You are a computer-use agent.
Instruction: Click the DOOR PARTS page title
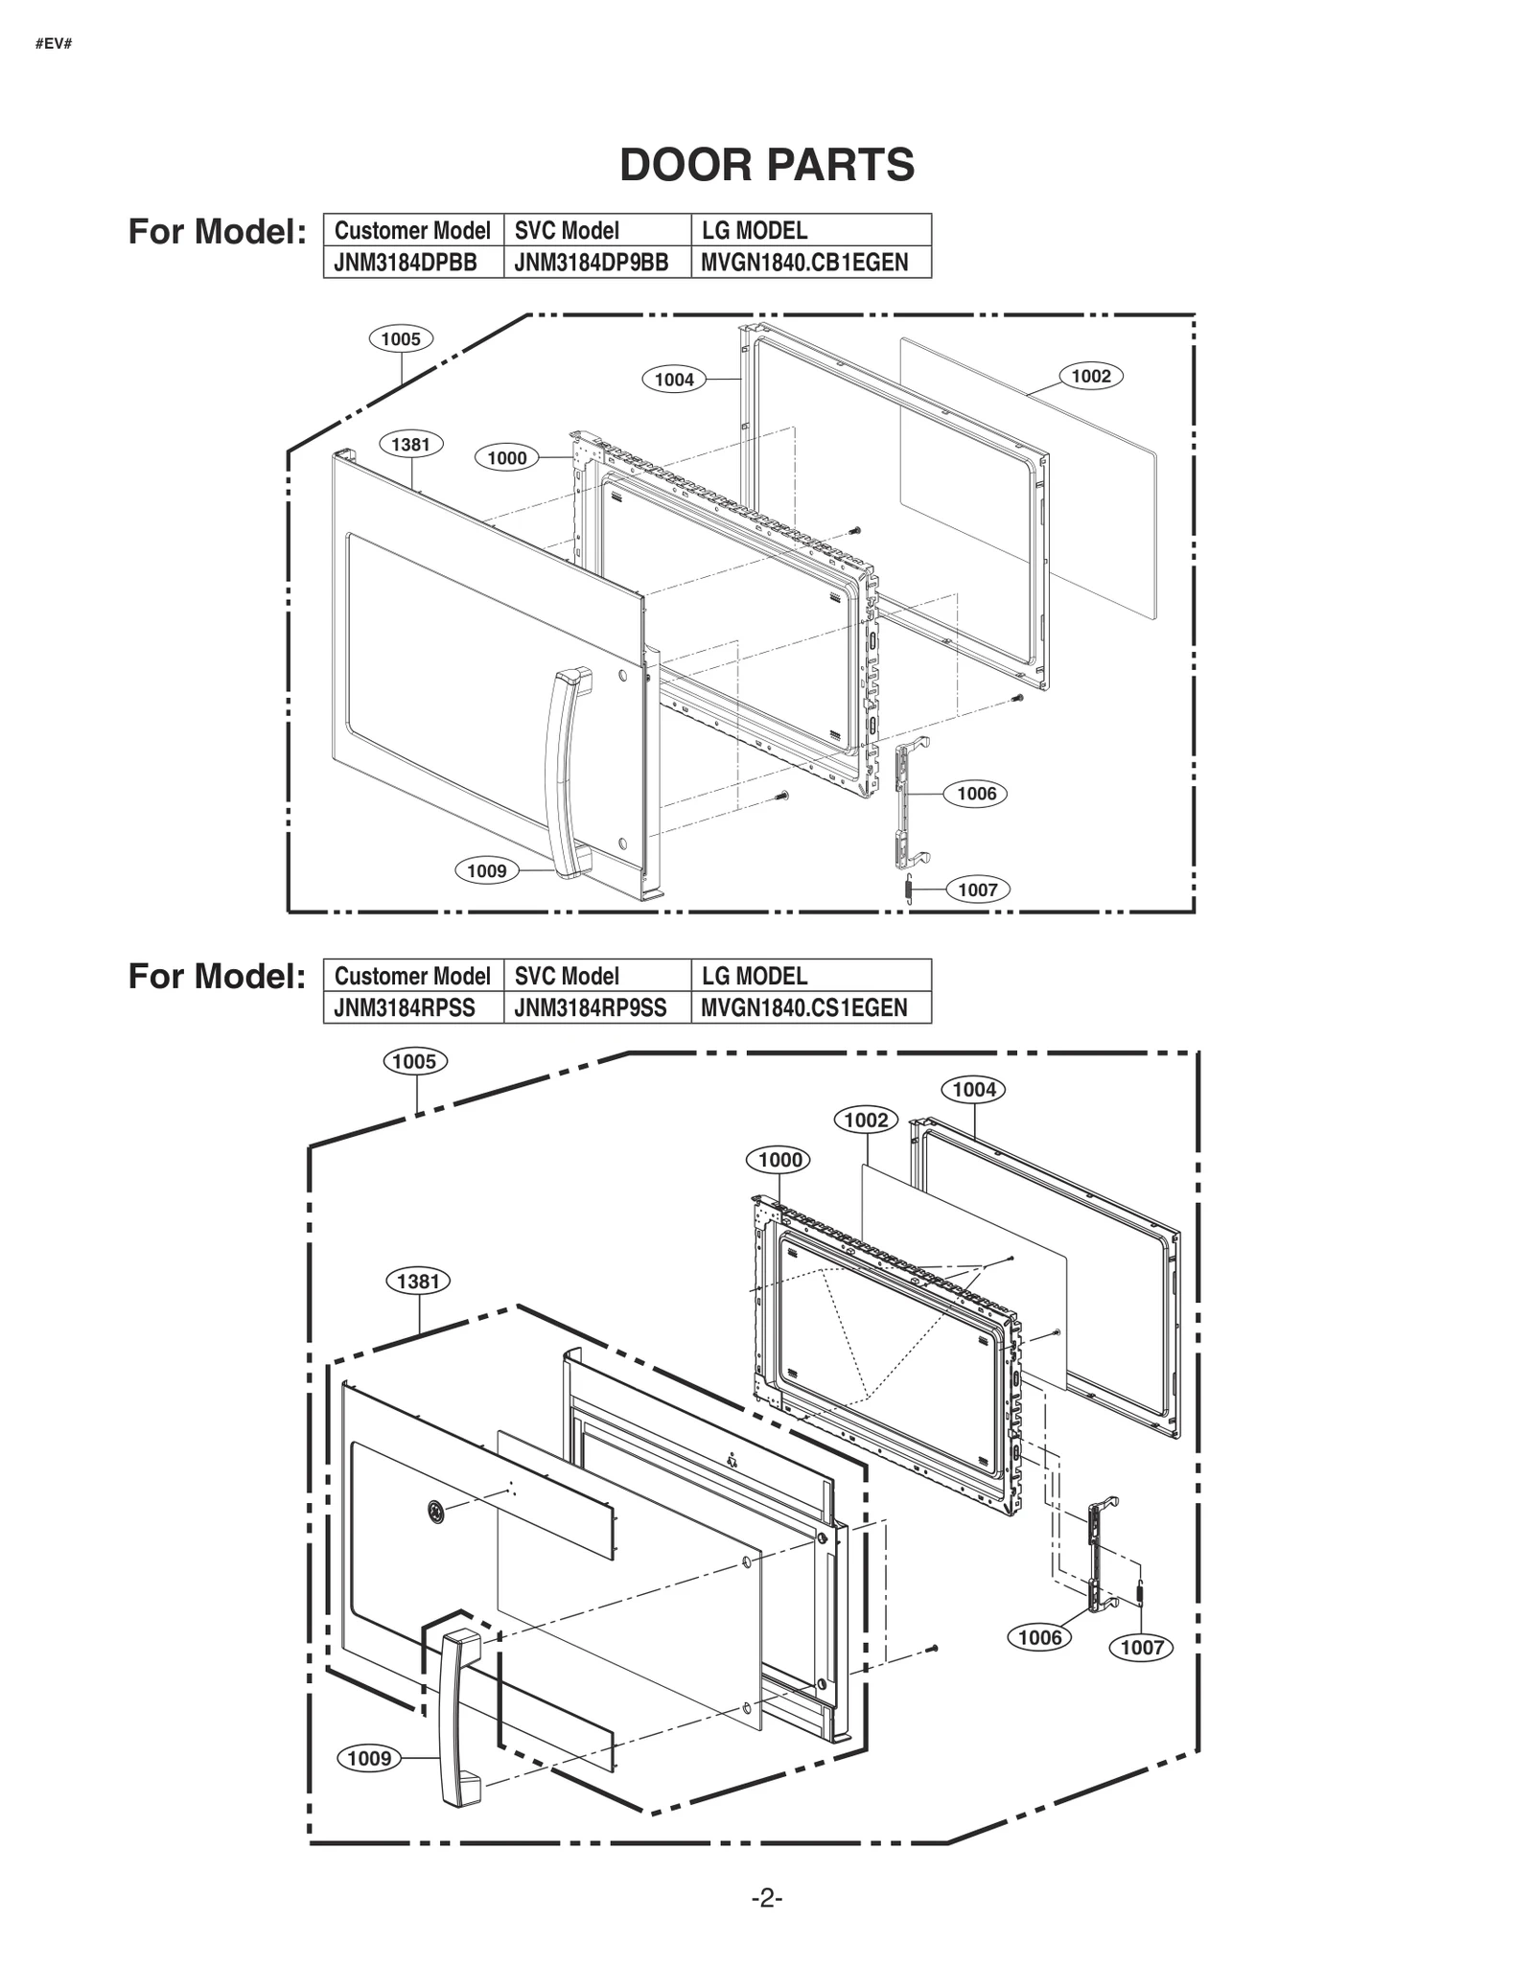point(766,165)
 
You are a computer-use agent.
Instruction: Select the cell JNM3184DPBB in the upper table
point(406,263)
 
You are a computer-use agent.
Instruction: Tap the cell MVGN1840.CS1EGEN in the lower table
point(803,1008)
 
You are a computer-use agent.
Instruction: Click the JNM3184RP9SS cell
point(590,1008)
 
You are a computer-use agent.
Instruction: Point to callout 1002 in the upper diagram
point(1090,377)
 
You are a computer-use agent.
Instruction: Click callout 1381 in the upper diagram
point(410,445)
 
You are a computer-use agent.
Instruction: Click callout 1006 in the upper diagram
point(976,794)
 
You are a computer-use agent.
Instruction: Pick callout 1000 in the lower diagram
point(779,1160)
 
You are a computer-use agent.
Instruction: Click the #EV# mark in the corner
point(54,44)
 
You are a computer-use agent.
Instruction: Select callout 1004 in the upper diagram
point(674,380)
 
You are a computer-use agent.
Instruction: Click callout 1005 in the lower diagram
point(414,1061)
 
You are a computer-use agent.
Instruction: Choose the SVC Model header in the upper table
point(566,231)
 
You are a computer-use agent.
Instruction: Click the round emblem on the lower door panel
point(436,1512)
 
